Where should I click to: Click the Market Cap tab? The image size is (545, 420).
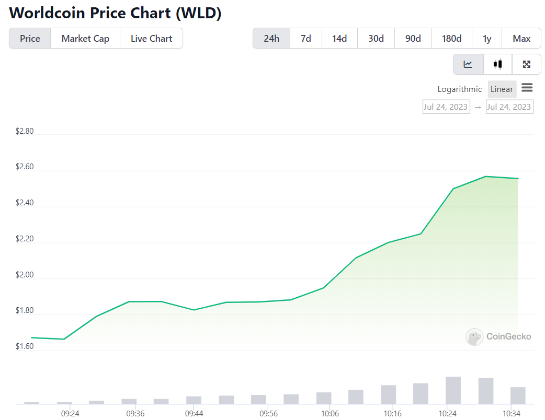click(x=85, y=39)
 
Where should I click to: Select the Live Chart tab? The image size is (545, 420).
click(x=151, y=39)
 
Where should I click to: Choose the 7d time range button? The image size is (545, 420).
click(x=306, y=39)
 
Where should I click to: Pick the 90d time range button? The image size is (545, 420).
click(x=413, y=39)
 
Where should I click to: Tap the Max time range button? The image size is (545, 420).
click(x=521, y=39)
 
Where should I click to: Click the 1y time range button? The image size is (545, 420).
click(x=487, y=39)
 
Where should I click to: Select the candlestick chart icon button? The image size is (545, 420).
click(x=497, y=64)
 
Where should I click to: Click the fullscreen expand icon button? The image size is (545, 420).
click(x=527, y=64)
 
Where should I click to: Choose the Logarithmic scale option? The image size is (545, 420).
click(x=460, y=89)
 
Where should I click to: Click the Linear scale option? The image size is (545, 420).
click(x=502, y=89)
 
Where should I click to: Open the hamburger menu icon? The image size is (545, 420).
click(x=527, y=88)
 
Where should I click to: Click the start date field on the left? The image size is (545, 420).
click(x=446, y=107)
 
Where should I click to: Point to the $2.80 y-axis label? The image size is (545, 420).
click(x=25, y=131)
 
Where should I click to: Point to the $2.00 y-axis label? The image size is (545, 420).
click(x=25, y=275)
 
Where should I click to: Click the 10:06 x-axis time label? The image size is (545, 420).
click(x=329, y=413)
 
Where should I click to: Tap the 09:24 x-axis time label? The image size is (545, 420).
click(x=70, y=413)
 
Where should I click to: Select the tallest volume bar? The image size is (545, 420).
click(x=453, y=390)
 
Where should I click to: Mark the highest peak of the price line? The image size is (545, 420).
click(x=486, y=177)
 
